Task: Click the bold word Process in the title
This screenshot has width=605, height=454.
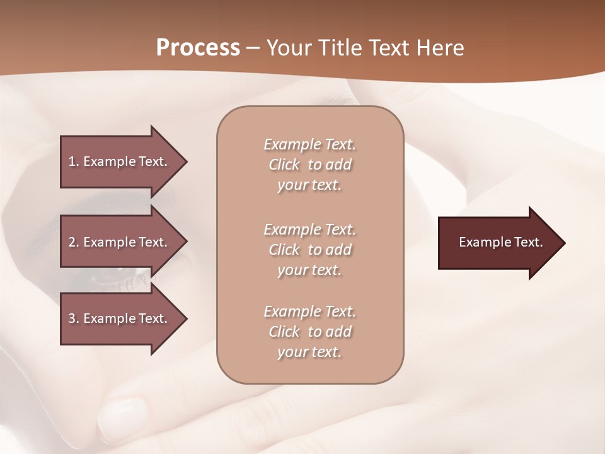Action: (198, 48)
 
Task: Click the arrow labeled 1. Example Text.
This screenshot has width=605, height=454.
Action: (120, 161)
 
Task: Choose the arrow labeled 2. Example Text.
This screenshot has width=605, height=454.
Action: (120, 242)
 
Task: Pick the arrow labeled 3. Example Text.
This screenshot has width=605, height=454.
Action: (120, 318)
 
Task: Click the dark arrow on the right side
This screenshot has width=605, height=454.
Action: (498, 243)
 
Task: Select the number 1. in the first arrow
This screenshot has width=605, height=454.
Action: (73, 161)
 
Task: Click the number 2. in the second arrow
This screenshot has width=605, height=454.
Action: (73, 242)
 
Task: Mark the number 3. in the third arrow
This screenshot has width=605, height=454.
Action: (73, 318)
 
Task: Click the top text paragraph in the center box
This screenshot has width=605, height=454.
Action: (309, 165)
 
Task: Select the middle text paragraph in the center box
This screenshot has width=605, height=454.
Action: (309, 250)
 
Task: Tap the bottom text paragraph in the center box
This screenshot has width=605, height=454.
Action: (309, 332)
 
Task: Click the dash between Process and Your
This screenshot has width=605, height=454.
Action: (253, 49)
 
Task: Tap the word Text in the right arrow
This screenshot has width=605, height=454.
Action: (528, 242)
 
